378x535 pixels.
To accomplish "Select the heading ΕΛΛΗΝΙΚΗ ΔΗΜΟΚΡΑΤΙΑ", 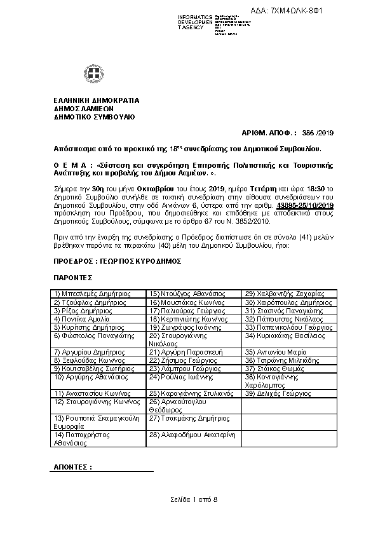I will (97, 100).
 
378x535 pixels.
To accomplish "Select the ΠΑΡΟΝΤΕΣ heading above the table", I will (74, 277).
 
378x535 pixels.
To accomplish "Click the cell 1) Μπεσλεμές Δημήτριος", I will (93, 294).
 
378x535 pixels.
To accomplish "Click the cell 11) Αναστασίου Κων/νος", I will (93, 393).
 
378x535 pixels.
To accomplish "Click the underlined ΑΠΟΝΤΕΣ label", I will (72, 466).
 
